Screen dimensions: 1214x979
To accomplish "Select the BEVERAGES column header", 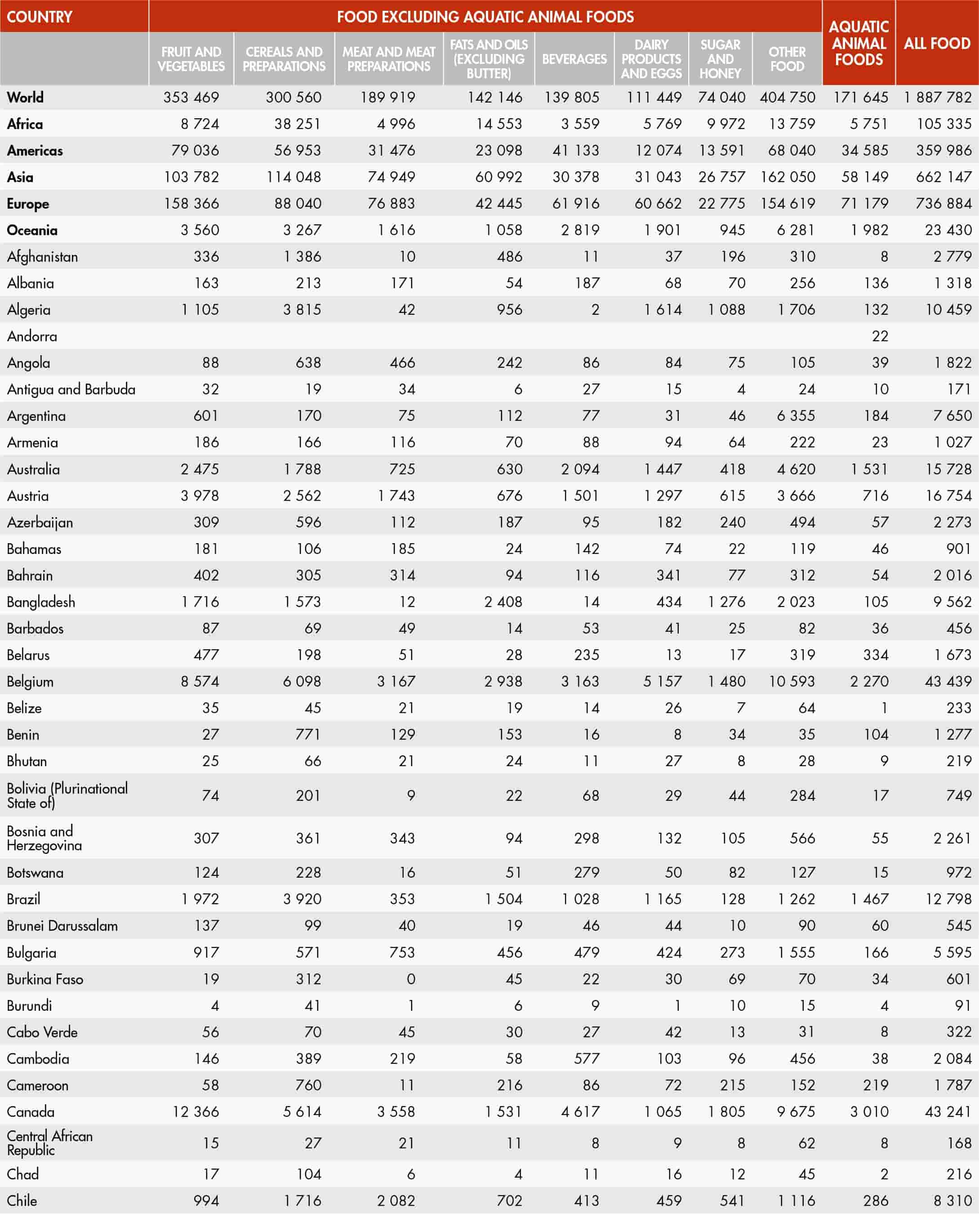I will click(x=574, y=58).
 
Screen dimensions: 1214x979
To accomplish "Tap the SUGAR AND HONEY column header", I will click(x=720, y=58).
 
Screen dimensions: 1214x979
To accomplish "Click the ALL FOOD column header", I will click(x=937, y=44).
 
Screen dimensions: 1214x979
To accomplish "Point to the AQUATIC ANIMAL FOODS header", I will click(x=859, y=44).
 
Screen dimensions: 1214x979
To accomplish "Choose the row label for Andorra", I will click(x=32, y=336).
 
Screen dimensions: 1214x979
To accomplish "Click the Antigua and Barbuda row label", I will click(x=71, y=389).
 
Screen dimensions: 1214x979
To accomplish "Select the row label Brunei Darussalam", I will click(x=62, y=926).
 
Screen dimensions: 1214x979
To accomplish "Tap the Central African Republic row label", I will click(x=49, y=1143).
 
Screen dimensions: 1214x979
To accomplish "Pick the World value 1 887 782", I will click(x=938, y=98).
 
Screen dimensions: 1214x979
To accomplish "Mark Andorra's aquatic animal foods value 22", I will click(x=880, y=336).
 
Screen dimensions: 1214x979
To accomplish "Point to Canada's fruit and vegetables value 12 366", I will click(x=195, y=1112).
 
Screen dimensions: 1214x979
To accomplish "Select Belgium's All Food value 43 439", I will click(x=948, y=682).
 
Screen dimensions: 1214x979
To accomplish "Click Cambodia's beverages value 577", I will click(x=587, y=1059).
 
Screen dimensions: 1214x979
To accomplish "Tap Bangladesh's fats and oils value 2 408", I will click(x=503, y=602).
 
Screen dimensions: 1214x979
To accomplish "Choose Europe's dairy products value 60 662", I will click(x=658, y=204).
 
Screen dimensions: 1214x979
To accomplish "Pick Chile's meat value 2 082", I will click(x=396, y=1201).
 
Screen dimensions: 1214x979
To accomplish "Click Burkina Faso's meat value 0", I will click(x=410, y=979).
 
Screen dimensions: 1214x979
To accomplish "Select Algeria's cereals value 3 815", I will click(x=302, y=310).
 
